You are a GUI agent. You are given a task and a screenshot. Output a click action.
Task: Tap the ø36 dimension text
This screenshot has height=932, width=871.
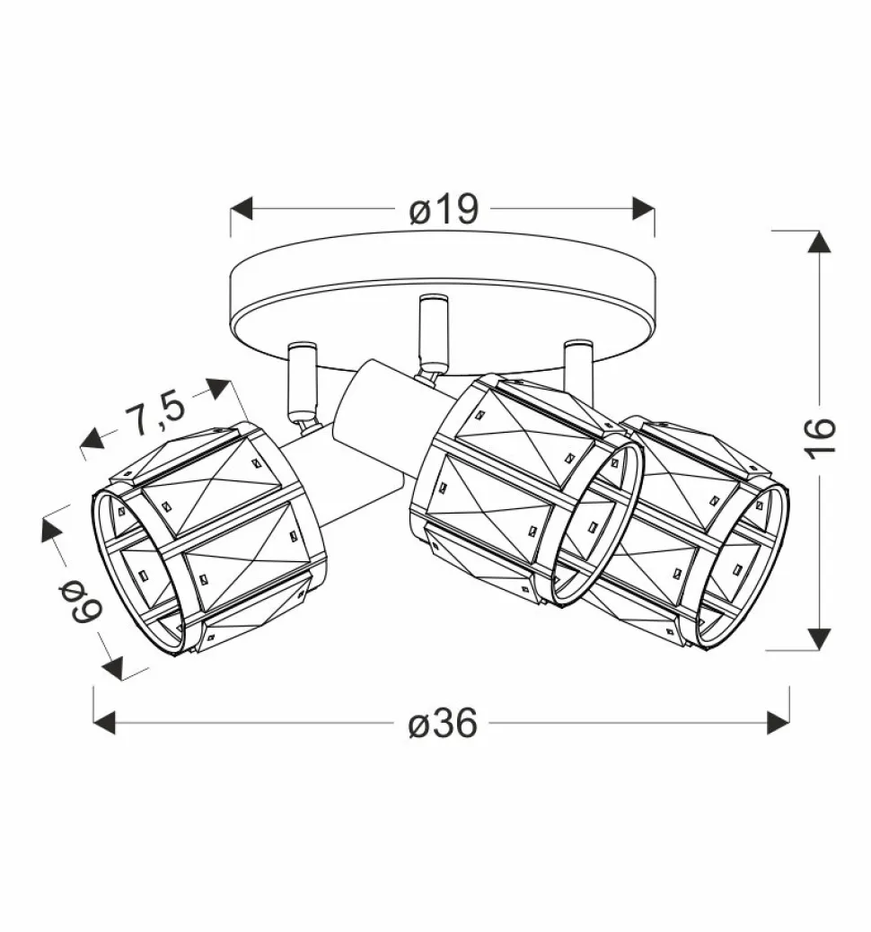tap(443, 723)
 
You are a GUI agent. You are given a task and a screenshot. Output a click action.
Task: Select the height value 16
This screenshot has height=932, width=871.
tap(821, 439)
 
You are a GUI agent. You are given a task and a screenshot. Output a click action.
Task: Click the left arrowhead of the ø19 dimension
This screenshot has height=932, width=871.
tap(242, 208)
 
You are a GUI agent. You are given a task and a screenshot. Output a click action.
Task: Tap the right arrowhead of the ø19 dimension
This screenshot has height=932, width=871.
tap(643, 208)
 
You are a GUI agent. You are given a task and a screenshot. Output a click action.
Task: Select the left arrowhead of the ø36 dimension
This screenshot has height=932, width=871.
tap(105, 723)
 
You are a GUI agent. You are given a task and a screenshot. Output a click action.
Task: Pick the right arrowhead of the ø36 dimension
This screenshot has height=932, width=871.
tap(779, 723)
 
